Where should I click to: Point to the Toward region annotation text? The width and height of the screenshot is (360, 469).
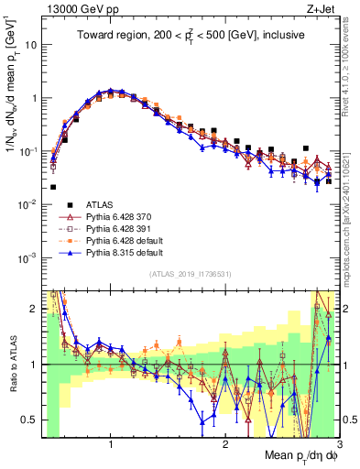(x=191, y=36)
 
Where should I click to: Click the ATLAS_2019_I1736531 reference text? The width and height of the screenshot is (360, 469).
(x=191, y=274)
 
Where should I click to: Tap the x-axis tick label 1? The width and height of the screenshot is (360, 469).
(x=111, y=445)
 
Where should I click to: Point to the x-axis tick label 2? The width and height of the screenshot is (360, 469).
(x=225, y=445)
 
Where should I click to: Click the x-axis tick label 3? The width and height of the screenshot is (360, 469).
(x=339, y=445)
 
